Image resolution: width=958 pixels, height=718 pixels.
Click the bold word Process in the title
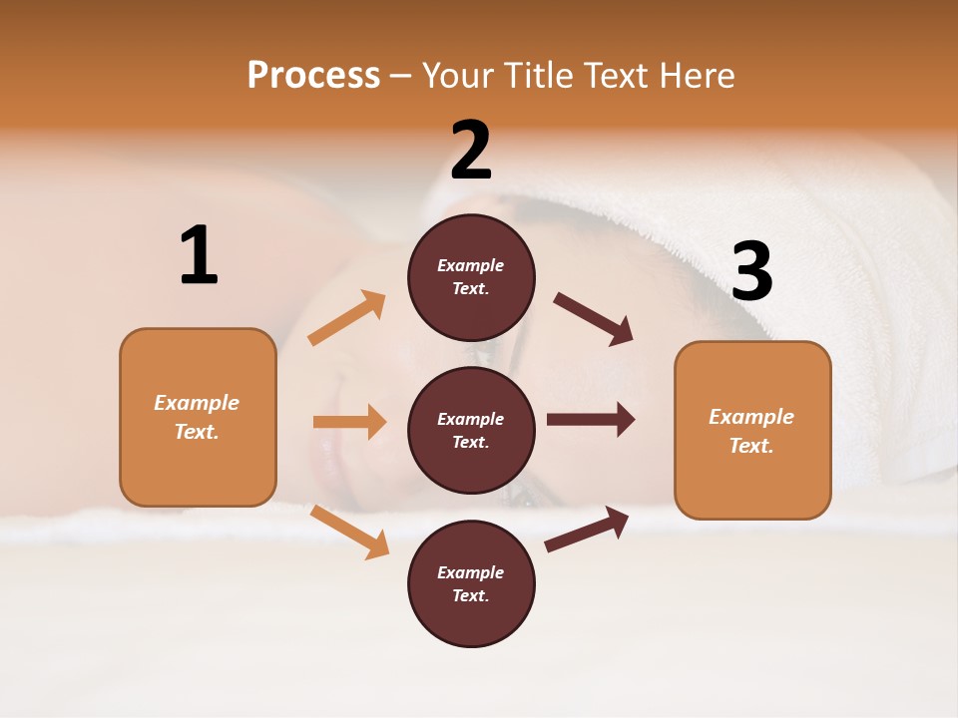click(313, 76)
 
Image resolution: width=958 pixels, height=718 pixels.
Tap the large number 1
click(199, 256)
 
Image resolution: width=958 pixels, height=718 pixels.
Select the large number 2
click(471, 151)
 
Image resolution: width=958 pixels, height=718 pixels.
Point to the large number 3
click(751, 272)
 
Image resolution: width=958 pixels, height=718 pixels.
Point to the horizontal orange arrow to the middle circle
click(349, 422)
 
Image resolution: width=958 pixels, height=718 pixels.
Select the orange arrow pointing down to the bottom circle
click(349, 532)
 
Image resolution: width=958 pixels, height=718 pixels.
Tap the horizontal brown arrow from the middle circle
click(591, 419)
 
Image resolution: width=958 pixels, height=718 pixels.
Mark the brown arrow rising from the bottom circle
click(587, 529)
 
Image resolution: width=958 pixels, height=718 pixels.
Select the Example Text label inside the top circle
click(471, 277)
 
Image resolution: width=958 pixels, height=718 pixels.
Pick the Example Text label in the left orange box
click(197, 417)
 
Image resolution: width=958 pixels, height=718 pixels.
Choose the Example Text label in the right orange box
click(751, 431)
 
